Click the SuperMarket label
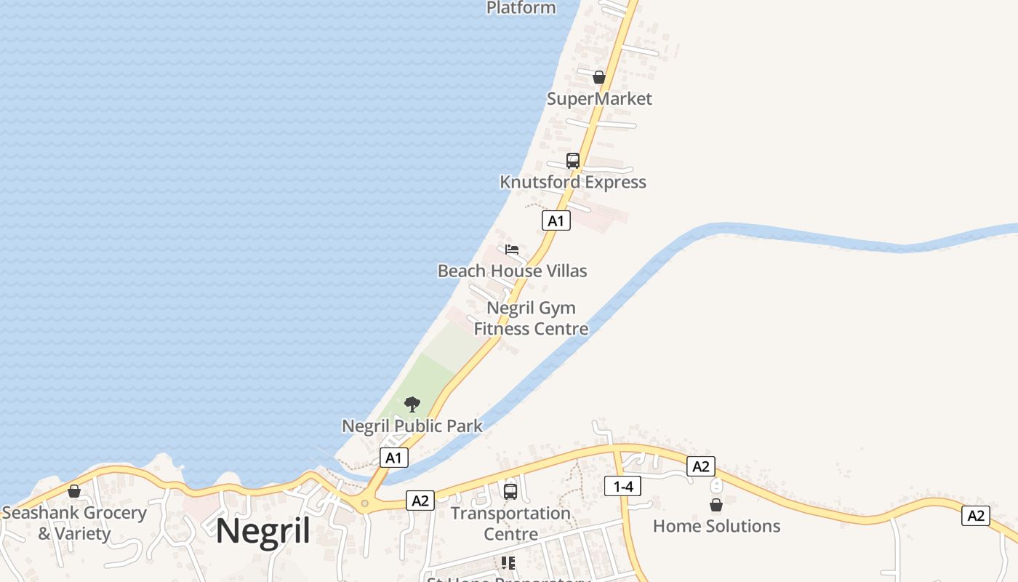[599, 99]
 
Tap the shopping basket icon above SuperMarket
[598, 76]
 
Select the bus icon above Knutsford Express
[573, 161]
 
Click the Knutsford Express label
[573, 182]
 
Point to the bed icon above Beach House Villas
[512, 250]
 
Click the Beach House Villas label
[512, 271]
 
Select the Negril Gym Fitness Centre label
[531, 319]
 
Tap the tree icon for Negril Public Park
[412, 404]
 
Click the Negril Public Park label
[412, 426]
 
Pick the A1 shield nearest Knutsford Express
[556, 221]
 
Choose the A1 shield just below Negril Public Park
[393, 458]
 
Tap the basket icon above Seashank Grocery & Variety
[73, 491]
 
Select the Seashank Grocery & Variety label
[73, 523]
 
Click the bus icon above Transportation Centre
[510, 492]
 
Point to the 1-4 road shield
[622, 486]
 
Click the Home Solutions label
[716, 526]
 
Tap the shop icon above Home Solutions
[716, 504]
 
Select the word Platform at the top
[521, 8]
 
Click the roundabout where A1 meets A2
[364, 503]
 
